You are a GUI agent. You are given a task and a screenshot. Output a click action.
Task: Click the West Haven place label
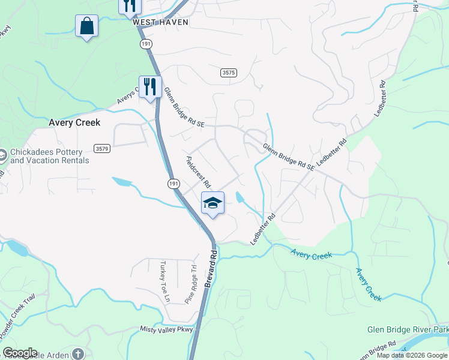tap(160, 22)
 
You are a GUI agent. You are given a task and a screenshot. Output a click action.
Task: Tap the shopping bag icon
tap(87, 26)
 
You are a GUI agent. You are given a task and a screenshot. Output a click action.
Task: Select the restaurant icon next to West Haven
tap(129, 6)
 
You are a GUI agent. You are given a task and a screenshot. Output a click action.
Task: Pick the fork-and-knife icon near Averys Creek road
tap(150, 86)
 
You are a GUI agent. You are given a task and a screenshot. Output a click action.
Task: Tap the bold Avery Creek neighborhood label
tap(74, 122)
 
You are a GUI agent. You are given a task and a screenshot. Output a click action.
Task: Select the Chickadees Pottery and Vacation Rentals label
tap(50, 156)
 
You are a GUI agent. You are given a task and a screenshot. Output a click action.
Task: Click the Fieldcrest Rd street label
tap(199, 172)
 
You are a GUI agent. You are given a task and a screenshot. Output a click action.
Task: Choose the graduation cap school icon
tap(212, 203)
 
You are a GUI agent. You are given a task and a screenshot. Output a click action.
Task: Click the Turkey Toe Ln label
tap(166, 282)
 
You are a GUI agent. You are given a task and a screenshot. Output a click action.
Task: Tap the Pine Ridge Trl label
tap(191, 284)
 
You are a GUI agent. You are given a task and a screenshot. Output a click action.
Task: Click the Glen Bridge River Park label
tap(408, 330)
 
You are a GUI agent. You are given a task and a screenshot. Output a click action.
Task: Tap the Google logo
tap(20, 353)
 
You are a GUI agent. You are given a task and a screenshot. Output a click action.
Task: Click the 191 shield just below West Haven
tap(146, 44)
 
